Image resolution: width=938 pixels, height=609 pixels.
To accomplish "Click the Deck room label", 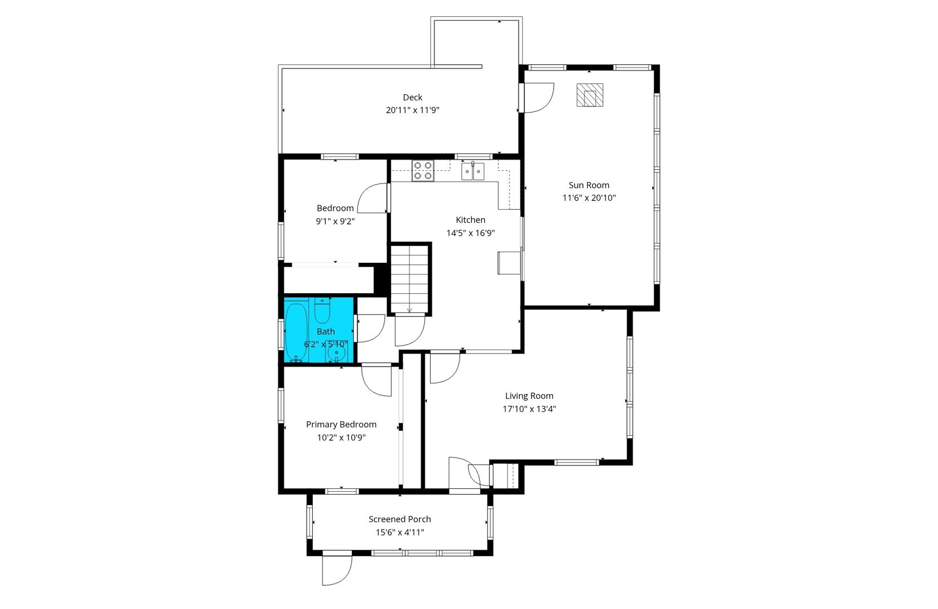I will click(x=412, y=98).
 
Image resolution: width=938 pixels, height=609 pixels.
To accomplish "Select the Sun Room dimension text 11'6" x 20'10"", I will click(x=589, y=198).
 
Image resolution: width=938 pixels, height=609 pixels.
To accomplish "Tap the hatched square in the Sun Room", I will click(x=590, y=95).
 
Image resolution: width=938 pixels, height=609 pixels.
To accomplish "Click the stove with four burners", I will click(x=422, y=170).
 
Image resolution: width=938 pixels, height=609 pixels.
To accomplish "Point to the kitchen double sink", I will click(x=473, y=171).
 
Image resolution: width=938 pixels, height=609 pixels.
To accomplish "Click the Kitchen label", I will click(x=470, y=220).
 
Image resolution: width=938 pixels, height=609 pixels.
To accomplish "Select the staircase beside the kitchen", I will click(x=410, y=279).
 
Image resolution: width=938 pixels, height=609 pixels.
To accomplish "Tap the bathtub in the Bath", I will click(x=295, y=331).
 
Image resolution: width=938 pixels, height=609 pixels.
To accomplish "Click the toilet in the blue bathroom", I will click(x=322, y=310).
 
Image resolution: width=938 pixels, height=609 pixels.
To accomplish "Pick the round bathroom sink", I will click(x=337, y=354).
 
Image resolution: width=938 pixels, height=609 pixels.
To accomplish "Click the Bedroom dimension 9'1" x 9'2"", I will click(x=335, y=222).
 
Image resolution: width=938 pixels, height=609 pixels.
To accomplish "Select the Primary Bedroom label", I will click(x=341, y=425).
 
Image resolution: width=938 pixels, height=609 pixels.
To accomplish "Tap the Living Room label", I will click(x=529, y=396).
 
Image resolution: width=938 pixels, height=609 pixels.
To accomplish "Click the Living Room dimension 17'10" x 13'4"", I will click(x=529, y=409).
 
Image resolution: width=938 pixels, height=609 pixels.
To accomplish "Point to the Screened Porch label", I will click(x=400, y=519).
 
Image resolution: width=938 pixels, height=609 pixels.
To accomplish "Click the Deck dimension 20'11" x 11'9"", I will click(x=412, y=111).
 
